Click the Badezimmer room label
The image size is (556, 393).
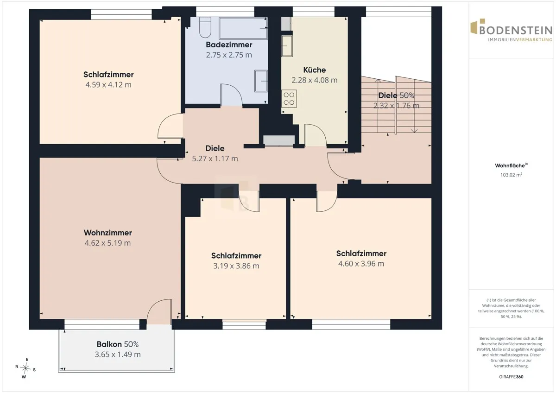(x=229, y=44)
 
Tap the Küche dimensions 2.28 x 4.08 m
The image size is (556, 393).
(x=315, y=80)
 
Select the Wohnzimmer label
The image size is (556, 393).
(x=107, y=233)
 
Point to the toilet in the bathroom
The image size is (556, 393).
(x=205, y=27)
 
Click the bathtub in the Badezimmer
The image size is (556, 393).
(x=243, y=28)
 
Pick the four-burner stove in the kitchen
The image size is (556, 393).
(x=289, y=99)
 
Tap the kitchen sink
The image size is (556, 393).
(x=287, y=46)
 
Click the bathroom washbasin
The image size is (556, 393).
(x=261, y=81)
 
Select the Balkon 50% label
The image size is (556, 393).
(x=118, y=344)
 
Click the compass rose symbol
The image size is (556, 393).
(x=25, y=368)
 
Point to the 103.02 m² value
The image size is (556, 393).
(x=511, y=175)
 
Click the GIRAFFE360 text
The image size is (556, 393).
(x=511, y=377)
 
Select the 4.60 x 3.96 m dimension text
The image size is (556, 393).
(x=361, y=264)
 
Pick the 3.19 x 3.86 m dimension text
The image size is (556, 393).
(x=236, y=266)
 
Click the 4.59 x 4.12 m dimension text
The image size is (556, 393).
(x=108, y=85)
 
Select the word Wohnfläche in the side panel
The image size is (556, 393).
(x=510, y=165)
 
